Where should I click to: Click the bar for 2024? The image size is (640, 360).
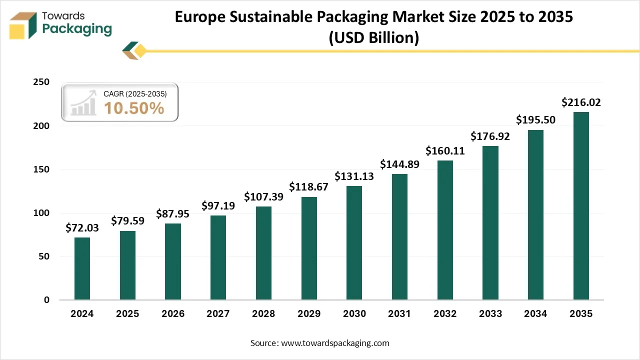click(82, 268)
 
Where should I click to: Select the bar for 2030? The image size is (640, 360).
click(354, 243)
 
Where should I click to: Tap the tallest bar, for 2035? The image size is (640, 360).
click(580, 206)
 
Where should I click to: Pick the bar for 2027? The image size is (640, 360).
click(218, 257)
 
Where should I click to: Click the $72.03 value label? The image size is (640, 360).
click(82, 228)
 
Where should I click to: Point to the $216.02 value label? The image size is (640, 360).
click(580, 102)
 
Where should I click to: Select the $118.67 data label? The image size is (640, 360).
click(309, 187)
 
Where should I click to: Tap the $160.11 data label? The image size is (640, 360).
click(445, 150)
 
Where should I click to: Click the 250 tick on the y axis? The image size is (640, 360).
click(41, 82)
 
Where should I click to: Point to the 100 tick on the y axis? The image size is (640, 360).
click(41, 213)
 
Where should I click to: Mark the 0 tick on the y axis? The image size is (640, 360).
click(46, 300)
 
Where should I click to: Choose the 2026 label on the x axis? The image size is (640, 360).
click(173, 314)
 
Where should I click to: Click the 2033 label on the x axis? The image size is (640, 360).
click(490, 314)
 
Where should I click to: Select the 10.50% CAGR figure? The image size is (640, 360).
click(134, 108)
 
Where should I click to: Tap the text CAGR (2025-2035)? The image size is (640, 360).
click(135, 93)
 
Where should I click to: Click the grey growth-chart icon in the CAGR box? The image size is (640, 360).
click(83, 102)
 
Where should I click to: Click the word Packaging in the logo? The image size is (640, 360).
click(77, 29)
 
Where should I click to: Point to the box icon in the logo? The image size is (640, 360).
click(23, 25)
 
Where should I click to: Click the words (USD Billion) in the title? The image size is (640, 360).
click(373, 37)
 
